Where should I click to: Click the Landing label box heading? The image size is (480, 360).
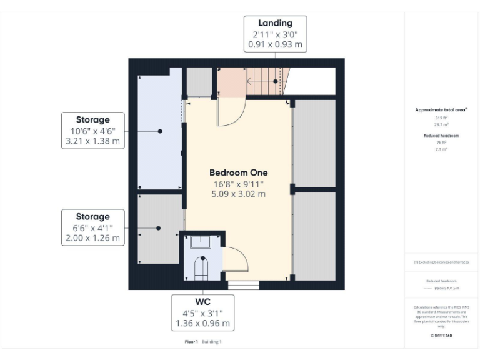pyautogui.click(x=275, y=24)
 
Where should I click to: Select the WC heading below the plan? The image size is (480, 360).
pyautogui.click(x=202, y=301)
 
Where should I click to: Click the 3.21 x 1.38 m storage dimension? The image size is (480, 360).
pyautogui.click(x=94, y=142)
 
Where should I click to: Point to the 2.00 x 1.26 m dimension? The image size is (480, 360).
pyautogui.click(x=92, y=239)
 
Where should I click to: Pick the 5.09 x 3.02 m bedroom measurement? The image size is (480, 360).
pyautogui.click(x=239, y=194)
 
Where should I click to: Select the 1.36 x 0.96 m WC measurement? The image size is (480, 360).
pyautogui.click(x=202, y=324)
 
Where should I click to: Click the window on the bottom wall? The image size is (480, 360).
pyautogui.click(x=243, y=286)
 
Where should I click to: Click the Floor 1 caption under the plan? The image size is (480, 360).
pyautogui.click(x=191, y=342)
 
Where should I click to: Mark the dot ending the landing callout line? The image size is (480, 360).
pyautogui.click(x=275, y=81)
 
